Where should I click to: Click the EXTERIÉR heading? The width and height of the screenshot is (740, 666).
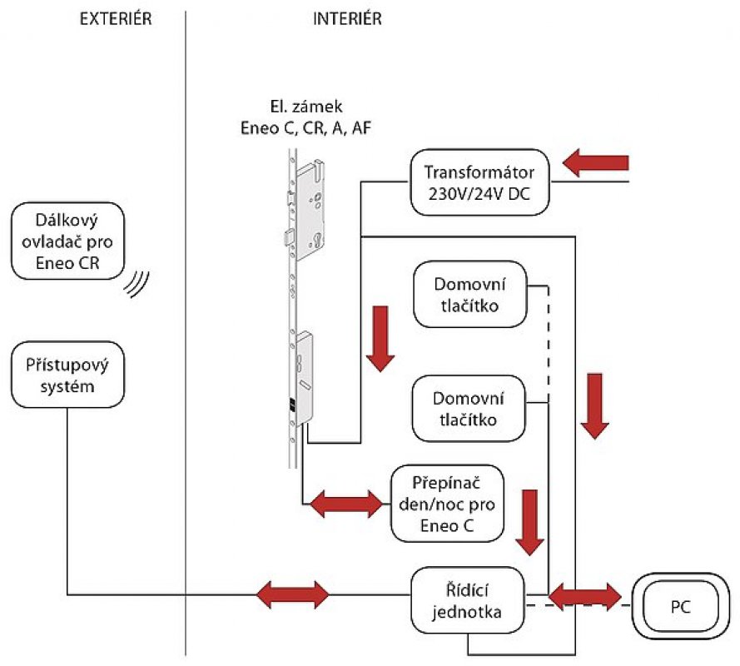pos(116,19)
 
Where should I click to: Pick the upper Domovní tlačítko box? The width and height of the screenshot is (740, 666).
pos(470,295)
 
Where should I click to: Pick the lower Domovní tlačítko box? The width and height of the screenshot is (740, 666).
pos(470,408)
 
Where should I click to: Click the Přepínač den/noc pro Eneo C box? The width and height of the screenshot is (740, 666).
pos(447,502)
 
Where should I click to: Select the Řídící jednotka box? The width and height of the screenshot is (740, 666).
pos(468,599)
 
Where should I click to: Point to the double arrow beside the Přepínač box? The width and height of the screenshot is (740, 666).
pos(345,502)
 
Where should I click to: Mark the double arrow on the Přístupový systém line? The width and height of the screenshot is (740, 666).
pos(292,594)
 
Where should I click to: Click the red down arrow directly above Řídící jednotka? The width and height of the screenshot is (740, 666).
pos(529,521)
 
